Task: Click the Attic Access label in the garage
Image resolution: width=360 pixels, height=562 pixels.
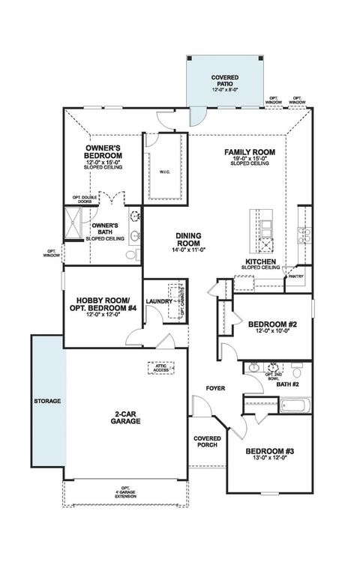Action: (x=161, y=368)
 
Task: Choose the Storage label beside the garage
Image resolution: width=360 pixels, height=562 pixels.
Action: (x=46, y=401)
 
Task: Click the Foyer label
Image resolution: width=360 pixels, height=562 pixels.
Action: (x=217, y=388)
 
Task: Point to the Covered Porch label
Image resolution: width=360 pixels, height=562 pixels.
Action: (x=206, y=442)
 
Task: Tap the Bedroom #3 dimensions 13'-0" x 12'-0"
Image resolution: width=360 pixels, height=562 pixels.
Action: (x=268, y=458)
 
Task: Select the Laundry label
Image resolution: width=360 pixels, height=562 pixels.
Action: (x=159, y=301)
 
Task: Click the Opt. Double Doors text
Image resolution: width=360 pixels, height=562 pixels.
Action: (x=84, y=200)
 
